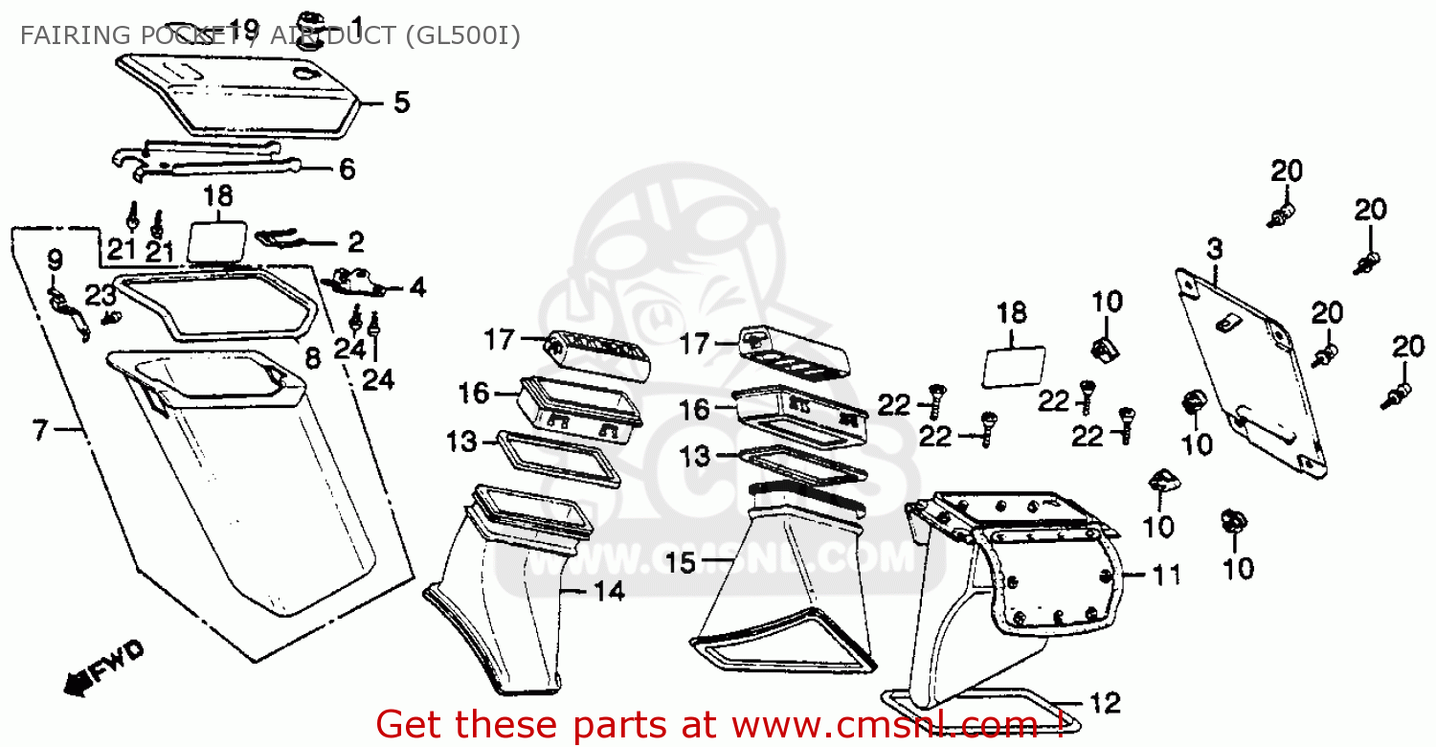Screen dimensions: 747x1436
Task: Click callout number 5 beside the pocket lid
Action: pyautogui.click(x=401, y=102)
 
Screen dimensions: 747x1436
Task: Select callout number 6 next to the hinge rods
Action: pyautogui.click(x=347, y=170)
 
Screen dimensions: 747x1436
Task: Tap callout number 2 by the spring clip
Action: pyautogui.click(x=355, y=241)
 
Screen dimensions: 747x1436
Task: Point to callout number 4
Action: pyautogui.click(x=416, y=287)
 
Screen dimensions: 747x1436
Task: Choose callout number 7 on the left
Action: pyautogui.click(x=39, y=431)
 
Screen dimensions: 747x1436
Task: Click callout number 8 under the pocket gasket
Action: pyautogui.click(x=312, y=359)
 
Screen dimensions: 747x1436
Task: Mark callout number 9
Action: pyautogui.click(x=55, y=260)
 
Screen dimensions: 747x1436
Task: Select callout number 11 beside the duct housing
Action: pyautogui.click(x=1165, y=576)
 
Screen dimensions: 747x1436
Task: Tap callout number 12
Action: pyautogui.click(x=1105, y=704)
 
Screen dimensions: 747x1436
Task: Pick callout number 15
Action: pyautogui.click(x=682, y=562)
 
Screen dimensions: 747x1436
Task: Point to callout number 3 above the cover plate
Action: pyautogui.click(x=1214, y=251)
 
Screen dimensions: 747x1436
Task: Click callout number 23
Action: pyautogui.click(x=100, y=296)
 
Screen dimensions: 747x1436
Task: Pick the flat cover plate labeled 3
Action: pyautogui.click(x=1249, y=373)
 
